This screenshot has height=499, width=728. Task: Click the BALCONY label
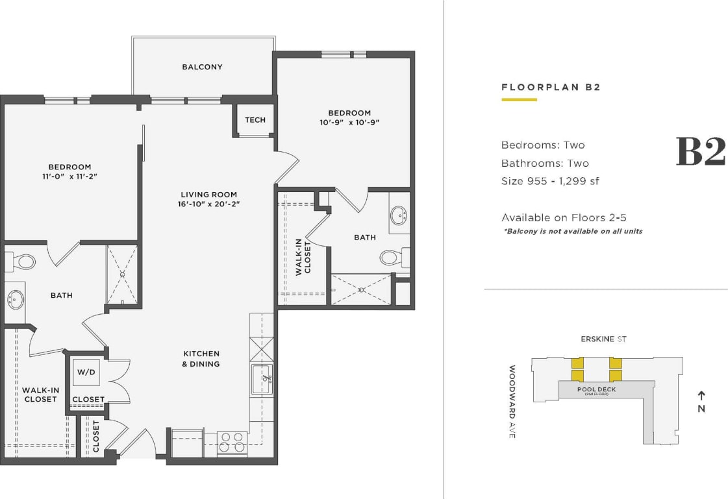pos(202,67)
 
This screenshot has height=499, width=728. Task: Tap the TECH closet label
pos(255,119)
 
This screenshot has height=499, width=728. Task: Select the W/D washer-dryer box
pos(86,372)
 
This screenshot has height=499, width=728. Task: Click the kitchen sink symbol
pos(262,378)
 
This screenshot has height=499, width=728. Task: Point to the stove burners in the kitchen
pos(232,442)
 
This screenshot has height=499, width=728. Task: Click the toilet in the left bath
pos(24,262)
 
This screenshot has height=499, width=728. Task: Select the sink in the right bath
pos(398,215)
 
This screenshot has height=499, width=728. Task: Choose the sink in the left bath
pos(16,300)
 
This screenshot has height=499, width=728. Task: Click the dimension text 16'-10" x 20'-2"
pos(208,204)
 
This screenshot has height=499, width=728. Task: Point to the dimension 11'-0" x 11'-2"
pos(69,176)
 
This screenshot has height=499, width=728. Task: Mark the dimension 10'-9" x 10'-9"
pos(349,122)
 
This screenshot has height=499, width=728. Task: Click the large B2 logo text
pos(700,152)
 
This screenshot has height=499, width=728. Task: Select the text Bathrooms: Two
pos(545,163)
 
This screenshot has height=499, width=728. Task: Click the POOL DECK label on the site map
pos(596,389)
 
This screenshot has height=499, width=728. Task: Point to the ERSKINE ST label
pos(603,339)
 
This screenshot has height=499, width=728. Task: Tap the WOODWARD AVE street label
pos(512,402)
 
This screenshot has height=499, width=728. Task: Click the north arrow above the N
pos(701,395)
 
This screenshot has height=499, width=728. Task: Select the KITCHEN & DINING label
pos(201,359)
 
